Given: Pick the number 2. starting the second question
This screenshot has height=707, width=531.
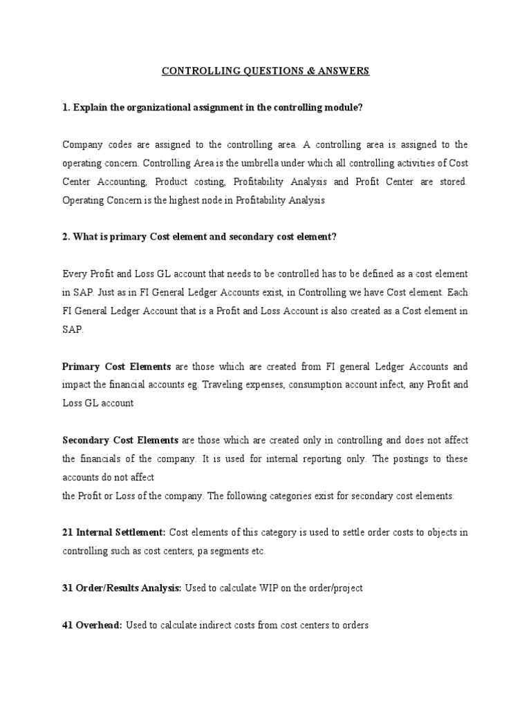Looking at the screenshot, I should (x=66, y=237).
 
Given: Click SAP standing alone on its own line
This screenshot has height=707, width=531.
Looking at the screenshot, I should (x=72, y=329).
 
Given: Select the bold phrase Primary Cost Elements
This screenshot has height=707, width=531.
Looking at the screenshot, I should (x=117, y=367).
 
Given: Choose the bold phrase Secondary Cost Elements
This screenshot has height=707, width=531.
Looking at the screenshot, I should (x=120, y=440).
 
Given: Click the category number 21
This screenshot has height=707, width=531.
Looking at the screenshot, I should (x=68, y=532).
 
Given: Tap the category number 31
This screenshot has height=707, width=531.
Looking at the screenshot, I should (x=68, y=588).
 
